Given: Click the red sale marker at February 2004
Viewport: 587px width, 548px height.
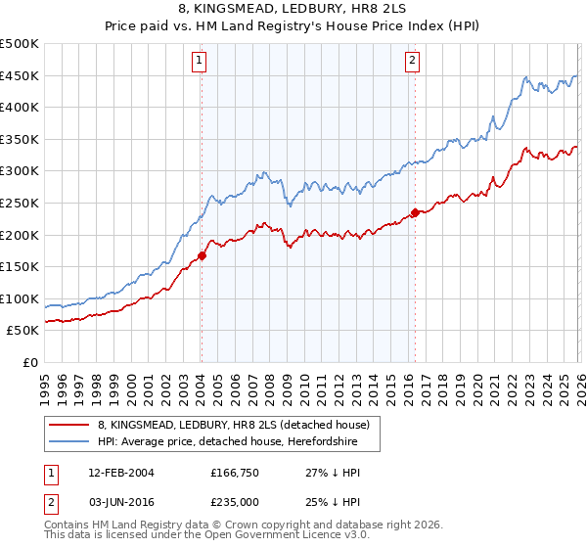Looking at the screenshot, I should click(x=202, y=256).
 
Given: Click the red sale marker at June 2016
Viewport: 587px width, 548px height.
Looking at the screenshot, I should click(x=415, y=212).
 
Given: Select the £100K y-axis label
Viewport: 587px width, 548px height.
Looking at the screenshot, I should click(x=20, y=299).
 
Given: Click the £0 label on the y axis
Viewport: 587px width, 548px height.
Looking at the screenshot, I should click(x=29, y=363).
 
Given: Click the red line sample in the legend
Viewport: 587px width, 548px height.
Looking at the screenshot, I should click(x=69, y=426).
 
